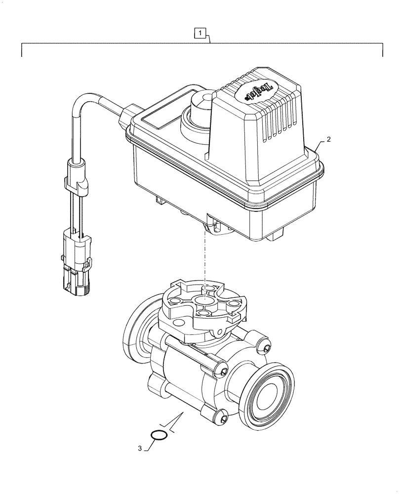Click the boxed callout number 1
click(x=200, y=34)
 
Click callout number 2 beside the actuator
click(x=329, y=140)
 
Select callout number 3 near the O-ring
click(x=140, y=449)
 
